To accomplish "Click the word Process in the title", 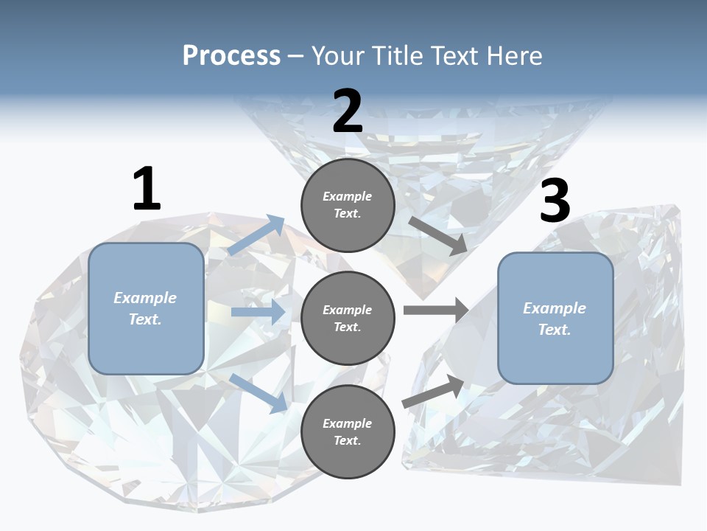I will (231, 56).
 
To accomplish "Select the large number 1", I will (147, 189).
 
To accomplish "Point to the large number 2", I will (348, 111).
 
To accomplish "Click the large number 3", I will (555, 201).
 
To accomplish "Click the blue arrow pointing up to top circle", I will (256, 235).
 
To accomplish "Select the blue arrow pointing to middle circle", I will (258, 312).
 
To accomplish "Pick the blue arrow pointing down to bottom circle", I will (258, 392).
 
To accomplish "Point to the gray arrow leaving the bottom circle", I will (434, 392).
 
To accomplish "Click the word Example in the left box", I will (145, 298).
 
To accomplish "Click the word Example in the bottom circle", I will (348, 423).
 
